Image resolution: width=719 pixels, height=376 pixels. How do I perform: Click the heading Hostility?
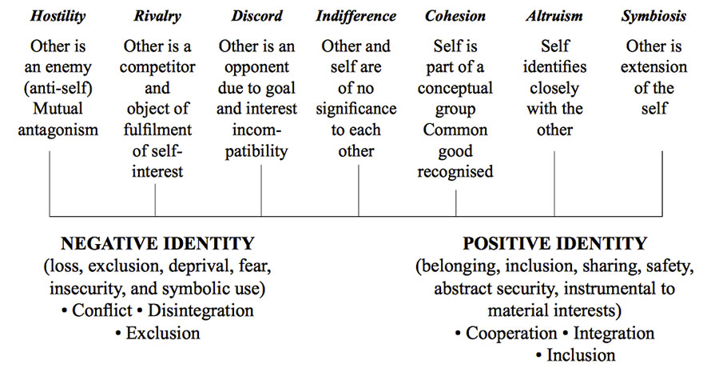coord(58,16)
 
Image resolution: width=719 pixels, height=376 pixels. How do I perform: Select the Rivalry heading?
coord(157,16)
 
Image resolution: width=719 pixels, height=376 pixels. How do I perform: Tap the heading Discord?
coord(256,16)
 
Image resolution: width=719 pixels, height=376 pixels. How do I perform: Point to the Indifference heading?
coord(356,16)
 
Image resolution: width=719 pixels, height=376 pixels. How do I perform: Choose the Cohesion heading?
coord(455,16)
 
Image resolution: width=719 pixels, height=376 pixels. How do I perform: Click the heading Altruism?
coord(554,16)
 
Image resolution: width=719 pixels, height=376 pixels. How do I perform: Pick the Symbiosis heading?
coord(653,16)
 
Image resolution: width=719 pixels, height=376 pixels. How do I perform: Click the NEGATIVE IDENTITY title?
coord(157,243)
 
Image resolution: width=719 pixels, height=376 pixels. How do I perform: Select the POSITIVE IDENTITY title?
coord(554,243)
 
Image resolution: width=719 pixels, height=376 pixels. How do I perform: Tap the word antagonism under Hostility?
coord(58,130)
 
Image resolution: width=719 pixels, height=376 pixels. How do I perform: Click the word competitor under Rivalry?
coord(157,67)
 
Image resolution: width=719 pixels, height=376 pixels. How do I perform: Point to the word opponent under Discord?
coord(256,67)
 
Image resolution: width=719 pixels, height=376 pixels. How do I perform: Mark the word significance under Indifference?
coord(356,110)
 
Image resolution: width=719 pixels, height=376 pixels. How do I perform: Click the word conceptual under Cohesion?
coord(455,88)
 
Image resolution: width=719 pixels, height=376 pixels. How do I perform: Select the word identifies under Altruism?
coord(554,67)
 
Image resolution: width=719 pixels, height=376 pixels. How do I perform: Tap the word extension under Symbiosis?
coord(653,67)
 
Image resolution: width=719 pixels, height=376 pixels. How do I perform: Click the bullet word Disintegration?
coord(201,311)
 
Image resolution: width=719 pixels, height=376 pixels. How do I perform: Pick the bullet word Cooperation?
coord(511,334)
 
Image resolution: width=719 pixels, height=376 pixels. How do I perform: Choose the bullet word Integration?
coord(614,334)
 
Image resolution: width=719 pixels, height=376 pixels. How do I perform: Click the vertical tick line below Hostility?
coord(50,184)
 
